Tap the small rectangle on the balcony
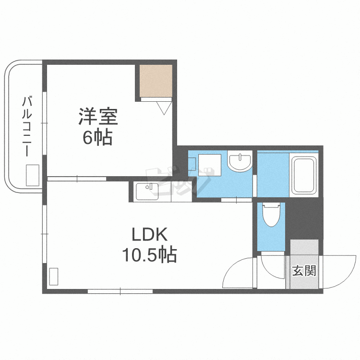33,175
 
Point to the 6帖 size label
97,138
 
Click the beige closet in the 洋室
156,81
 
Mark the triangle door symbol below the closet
163,108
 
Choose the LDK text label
149,235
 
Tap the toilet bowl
271,216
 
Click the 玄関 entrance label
304,271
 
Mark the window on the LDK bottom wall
120,291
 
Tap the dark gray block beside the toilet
305,218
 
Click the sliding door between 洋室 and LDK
77,179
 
